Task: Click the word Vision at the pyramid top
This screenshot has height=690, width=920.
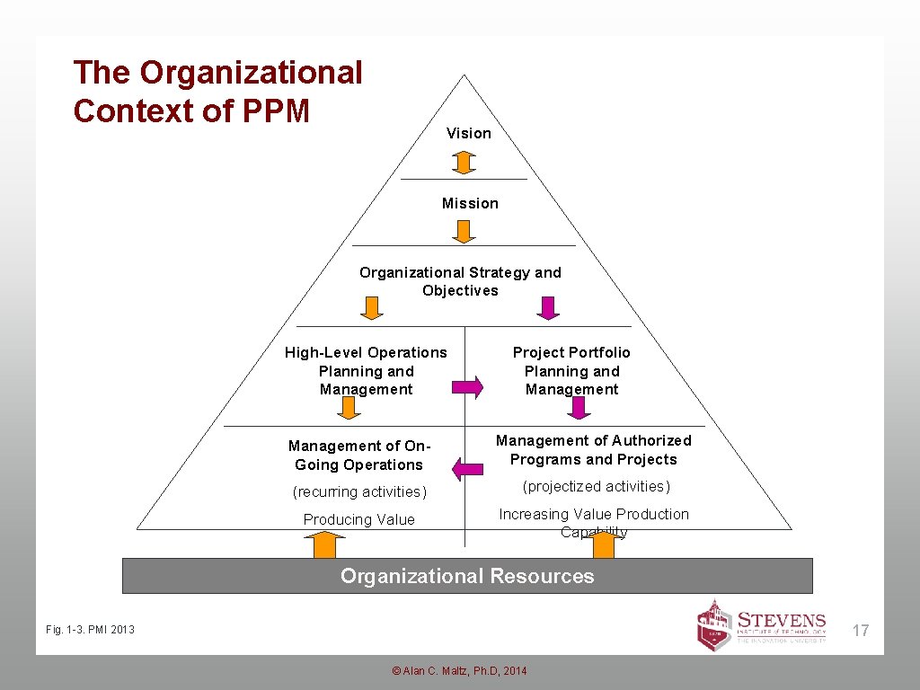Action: pos(469,133)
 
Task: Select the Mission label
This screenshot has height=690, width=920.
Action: pos(470,203)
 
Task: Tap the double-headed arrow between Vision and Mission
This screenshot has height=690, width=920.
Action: pos(463,163)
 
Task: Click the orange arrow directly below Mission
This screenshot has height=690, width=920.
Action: pos(463,232)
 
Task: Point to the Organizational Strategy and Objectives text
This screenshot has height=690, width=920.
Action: pos(460,281)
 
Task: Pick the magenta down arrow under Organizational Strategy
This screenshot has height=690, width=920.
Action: pos(547,308)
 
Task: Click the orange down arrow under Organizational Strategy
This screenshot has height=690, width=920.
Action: pos(371,308)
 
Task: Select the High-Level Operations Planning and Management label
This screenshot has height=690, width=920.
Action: pos(366,371)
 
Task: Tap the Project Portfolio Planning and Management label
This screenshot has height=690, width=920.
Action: pos(571,371)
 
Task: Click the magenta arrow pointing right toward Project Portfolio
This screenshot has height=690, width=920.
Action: pos(466,387)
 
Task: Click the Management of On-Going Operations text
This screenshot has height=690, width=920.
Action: pos(359,456)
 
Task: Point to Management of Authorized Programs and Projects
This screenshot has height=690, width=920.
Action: pos(594,450)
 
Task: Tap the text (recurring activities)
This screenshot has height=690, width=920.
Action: pos(359,491)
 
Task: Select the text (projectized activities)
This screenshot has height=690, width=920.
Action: pos(597,486)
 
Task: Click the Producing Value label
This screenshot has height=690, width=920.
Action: pos(359,519)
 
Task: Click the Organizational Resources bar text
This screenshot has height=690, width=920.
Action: pos(467,576)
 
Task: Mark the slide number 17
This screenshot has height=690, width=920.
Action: pos(861,631)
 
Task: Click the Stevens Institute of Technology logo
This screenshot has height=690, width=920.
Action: pos(762,624)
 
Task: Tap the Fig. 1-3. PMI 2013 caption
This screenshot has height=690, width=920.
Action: pos(90,629)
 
